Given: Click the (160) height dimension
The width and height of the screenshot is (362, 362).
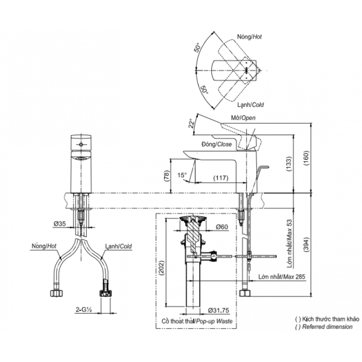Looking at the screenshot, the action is click(x=306, y=158).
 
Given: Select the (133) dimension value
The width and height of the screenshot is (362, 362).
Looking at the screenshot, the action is click(x=289, y=164).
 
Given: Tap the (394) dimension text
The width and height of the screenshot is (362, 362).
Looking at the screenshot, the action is click(x=306, y=244).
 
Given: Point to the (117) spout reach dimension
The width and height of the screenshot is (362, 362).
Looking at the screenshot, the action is click(x=221, y=178).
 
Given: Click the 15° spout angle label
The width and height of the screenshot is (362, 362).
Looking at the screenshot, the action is click(x=182, y=175).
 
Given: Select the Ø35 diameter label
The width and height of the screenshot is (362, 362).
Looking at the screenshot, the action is click(x=60, y=223).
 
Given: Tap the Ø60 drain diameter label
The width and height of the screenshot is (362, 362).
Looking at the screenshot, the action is click(x=222, y=227).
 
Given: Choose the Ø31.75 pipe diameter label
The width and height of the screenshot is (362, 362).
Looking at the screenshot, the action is click(x=218, y=310).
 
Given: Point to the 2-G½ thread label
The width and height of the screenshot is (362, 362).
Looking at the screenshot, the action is click(x=84, y=310).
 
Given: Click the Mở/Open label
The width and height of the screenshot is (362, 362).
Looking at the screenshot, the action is click(x=243, y=118).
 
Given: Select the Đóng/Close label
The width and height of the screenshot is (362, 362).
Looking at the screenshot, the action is click(x=217, y=144).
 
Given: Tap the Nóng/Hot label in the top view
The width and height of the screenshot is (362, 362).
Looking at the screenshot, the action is click(x=249, y=36).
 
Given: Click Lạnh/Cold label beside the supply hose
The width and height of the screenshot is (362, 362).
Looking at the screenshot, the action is click(x=119, y=246).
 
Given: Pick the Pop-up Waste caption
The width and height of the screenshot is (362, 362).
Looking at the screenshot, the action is click(x=213, y=322).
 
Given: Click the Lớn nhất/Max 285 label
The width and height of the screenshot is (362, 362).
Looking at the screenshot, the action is click(x=282, y=276).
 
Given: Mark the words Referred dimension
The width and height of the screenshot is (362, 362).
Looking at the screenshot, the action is click(x=328, y=326).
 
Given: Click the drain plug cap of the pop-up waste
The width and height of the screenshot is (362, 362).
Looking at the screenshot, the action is click(x=192, y=218).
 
